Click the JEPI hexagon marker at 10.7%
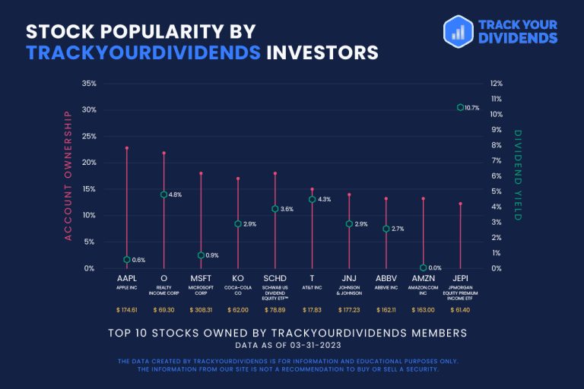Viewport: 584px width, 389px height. (x=460, y=108)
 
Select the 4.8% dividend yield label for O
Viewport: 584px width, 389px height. (x=175, y=195)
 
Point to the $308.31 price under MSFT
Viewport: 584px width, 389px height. (x=201, y=310)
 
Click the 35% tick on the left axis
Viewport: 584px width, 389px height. (x=89, y=84)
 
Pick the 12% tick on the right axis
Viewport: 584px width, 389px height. (x=497, y=84)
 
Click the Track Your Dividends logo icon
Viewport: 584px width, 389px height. (x=459, y=30)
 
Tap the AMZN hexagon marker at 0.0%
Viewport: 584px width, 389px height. (x=423, y=267)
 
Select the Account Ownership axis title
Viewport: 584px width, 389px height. (x=68, y=176)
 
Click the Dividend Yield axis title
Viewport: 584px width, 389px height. (x=518, y=176)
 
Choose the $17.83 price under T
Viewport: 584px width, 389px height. (x=312, y=310)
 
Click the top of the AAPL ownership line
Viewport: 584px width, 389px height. (x=126, y=147)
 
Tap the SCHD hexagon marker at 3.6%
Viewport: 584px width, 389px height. (x=275, y=209)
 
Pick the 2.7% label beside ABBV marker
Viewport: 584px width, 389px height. (x=397, y=229)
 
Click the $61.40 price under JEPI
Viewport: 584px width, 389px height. (x=460, y=310)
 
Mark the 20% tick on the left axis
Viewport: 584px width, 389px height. (x=89, y=163)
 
